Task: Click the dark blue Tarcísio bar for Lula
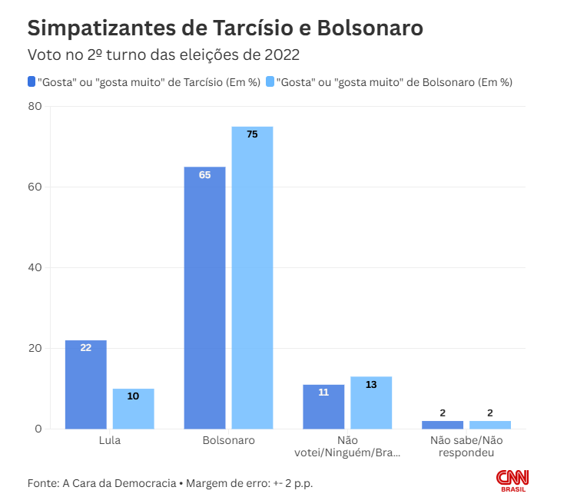point(85,384)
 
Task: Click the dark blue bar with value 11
point(323,406)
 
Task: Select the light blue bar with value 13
point(371,403)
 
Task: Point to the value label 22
point(85,348)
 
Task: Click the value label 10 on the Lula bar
point(133,396)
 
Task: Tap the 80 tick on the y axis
point(35,106)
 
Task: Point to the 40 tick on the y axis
point(35,267)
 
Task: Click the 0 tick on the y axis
point(37,429)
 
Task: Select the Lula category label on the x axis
point(110,441)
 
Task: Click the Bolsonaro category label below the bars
point(228,441)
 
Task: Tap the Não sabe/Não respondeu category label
point(466,446)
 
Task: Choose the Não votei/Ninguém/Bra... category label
point(347,446)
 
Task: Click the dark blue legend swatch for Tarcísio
point(31,81)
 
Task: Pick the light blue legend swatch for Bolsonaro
point(269,81)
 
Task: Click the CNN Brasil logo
point(512,480)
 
